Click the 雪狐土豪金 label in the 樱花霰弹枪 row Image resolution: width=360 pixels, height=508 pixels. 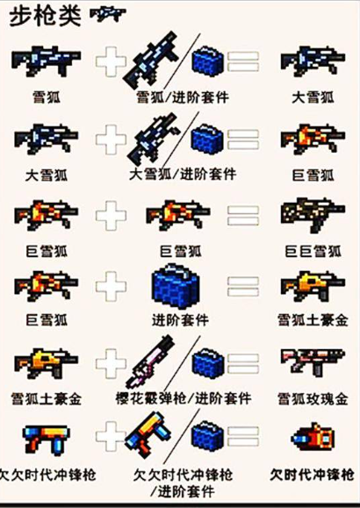pos(49,400)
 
